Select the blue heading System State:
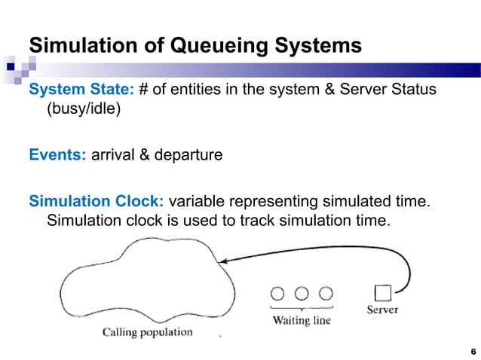81,90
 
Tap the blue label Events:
57,156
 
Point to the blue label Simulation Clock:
97,203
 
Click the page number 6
473,352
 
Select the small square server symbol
382,292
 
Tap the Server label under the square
382,310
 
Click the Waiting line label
302,320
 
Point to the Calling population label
148,331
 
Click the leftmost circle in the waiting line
277,293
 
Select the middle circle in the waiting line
302,293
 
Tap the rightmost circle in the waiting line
326,293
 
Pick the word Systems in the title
316,46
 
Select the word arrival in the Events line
113,156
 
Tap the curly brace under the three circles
302,307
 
